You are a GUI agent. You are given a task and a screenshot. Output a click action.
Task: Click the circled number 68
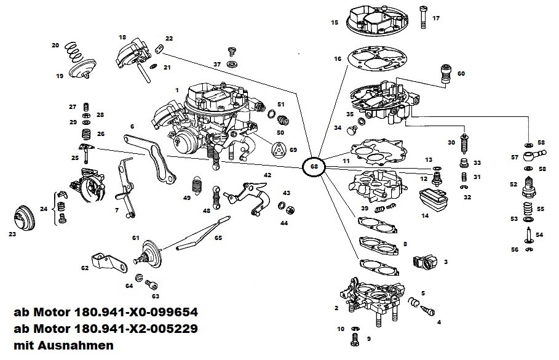314,166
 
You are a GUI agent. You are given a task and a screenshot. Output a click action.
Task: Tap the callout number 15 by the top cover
335,22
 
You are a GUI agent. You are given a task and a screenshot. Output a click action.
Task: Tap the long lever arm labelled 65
202,234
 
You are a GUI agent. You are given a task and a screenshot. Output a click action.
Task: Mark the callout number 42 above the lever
267,175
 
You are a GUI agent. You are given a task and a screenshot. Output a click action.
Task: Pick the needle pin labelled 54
528,236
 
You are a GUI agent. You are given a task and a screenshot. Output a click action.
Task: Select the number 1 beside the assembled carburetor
176,90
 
